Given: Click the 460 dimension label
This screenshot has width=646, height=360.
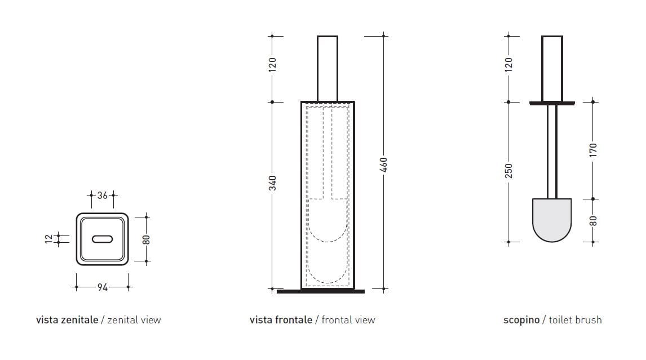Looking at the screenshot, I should point(384,166).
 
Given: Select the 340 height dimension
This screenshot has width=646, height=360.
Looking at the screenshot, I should point(272,183).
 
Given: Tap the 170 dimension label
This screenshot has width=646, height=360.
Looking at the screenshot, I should point(593,150).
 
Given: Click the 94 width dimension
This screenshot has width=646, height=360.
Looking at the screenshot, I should point(102,287).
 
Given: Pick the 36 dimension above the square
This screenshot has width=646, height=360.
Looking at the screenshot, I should point(102,195).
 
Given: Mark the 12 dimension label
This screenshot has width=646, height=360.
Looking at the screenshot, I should point(49,239).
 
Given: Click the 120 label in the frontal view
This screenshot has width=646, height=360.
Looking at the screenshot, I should point(272,64).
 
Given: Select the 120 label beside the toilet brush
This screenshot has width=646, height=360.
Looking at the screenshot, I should point(508,64).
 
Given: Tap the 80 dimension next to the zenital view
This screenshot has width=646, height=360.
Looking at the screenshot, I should point(146,238).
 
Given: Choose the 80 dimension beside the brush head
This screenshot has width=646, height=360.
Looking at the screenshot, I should point(593,220).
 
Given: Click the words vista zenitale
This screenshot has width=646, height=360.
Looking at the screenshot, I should point(67,320).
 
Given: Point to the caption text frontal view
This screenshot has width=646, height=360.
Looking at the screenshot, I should point(348,320).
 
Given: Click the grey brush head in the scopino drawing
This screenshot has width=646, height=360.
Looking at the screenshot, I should point(552,219).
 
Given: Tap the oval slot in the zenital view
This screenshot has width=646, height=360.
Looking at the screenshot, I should point(102,239).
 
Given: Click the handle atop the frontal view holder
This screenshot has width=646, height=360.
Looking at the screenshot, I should point(328,68).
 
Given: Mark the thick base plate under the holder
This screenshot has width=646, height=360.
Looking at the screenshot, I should point(321,291).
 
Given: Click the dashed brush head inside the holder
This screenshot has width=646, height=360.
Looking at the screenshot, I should point(328,220).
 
